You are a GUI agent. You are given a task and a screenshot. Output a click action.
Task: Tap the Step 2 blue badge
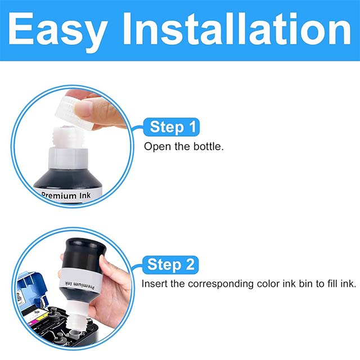click(x=172, y=264)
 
